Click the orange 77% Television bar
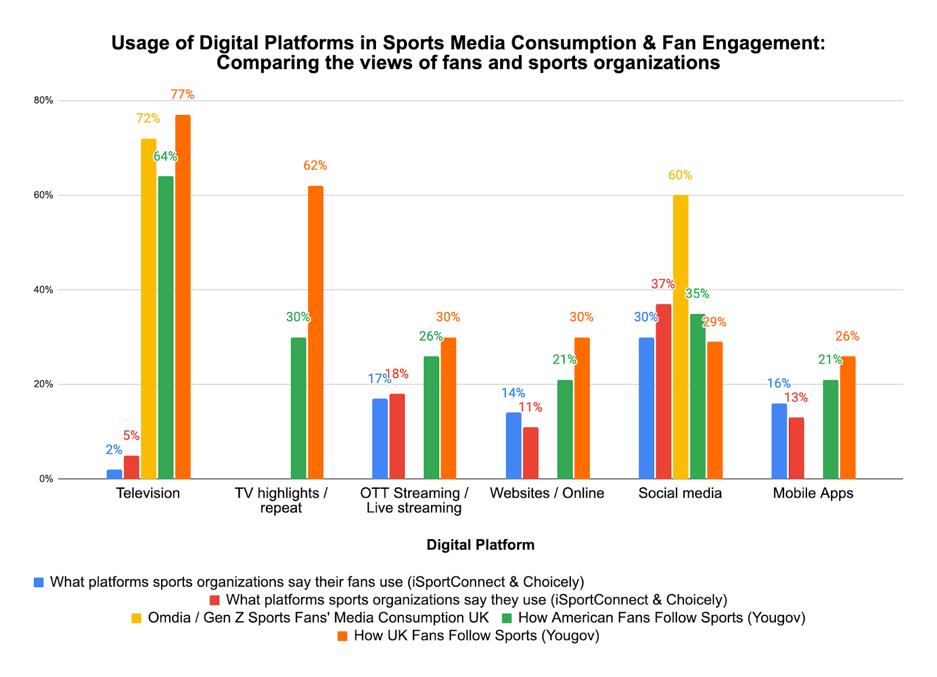pos(183,297)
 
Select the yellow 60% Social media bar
pos(680,337)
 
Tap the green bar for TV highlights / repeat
pos(298,408)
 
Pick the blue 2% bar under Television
pos(114,474)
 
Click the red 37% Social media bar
pos(664,391)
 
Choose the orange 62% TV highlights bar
pos(315,332)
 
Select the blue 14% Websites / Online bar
pos(513,445)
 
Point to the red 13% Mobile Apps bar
pos(796,448)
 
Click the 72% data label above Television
pos(148,118)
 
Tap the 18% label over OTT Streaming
pos(397,374)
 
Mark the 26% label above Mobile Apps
pos(847,336)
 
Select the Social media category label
pos(680,493)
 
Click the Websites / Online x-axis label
pos(546,493)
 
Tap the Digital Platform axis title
pos(480,545)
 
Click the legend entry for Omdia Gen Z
pos(318,617)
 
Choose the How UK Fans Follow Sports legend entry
pos(476,635)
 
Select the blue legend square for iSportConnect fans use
pos(39,582)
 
